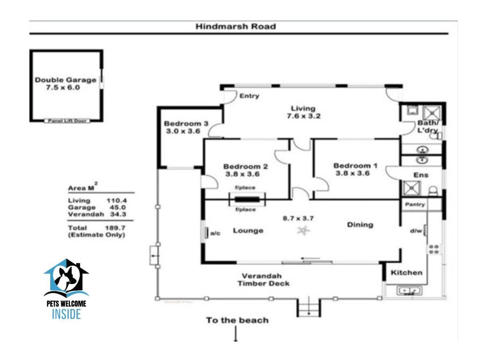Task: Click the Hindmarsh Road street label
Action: pos(235,27)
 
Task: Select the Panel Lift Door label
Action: pos(67,121)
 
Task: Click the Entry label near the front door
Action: pos(249,96)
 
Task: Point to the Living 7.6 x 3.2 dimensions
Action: pos(304,116)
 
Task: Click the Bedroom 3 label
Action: pos(182,124)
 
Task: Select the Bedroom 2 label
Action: pos(245,166)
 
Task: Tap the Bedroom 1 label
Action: pos(355,165)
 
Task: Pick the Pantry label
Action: pos(415,204)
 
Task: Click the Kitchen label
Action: pos(406,272)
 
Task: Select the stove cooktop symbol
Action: pos(434,249)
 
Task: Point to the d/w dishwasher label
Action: pos(416,231)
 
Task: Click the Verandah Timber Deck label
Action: pos(263,279)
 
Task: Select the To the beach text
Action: pos(237,321)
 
